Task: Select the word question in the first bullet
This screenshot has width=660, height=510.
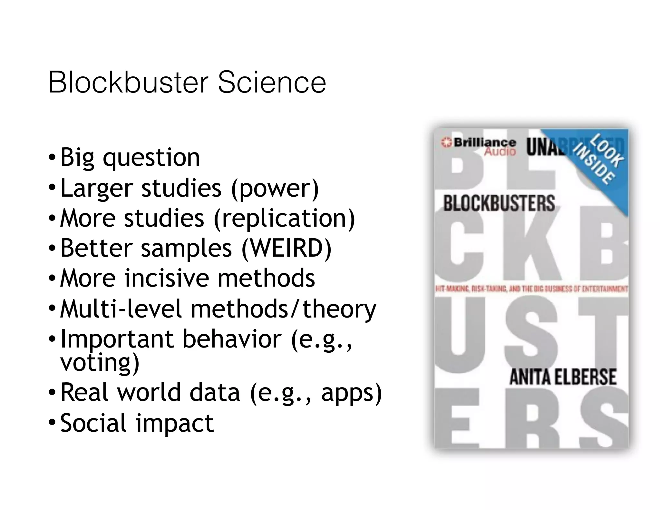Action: point(151,158)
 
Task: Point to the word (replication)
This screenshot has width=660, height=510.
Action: point(284,218)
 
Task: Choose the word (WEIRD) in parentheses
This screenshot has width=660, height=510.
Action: point(286,248)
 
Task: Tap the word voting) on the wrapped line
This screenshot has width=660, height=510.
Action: point(100,363)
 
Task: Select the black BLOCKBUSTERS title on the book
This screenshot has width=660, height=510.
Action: point(499,203)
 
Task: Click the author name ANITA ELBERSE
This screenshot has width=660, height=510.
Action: point(563,377)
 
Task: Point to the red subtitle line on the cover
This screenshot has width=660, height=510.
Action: point(531,289)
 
